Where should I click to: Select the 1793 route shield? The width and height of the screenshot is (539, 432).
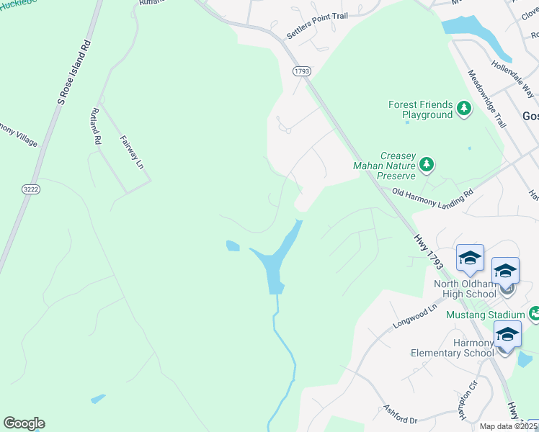click(301, 71)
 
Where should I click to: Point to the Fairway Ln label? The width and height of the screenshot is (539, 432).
click(132, 152)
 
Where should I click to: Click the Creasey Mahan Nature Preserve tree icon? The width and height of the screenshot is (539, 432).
click(427, 164)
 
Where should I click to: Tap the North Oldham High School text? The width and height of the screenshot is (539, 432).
click(465, 288)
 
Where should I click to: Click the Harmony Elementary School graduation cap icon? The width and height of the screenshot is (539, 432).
click(507, 334)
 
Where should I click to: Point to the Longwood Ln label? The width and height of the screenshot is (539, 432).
click(415, 317)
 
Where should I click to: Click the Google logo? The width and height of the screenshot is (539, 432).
click(24, 423)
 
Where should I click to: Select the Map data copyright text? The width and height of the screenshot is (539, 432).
click(508, 426)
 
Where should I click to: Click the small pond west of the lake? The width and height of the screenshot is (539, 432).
click(233, 246)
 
